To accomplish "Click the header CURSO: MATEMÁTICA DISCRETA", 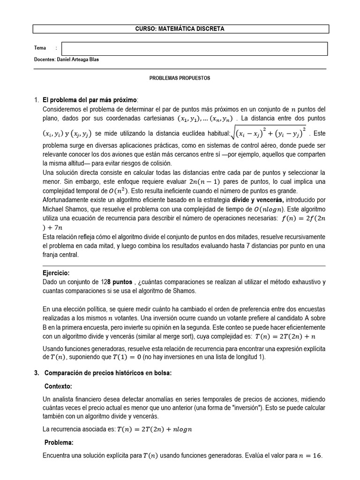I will pos(180,29).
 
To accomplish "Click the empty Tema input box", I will pos(194,49).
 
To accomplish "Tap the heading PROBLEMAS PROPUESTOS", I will pos(180,78).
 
